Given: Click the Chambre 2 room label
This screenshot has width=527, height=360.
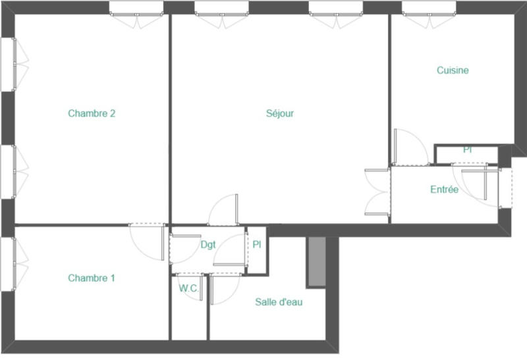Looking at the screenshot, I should pyautogui.click(x=92, y=113).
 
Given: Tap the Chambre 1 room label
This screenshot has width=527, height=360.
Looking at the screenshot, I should pyautogui.click(x=92, y=278).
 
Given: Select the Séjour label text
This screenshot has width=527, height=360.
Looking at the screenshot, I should pyautogui.click(x=280, y=113).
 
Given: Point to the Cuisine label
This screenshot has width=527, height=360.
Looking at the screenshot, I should pyautogui.click(x=453, y=70).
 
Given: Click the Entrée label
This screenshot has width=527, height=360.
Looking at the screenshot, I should pyautogui.click(x=444, y=190).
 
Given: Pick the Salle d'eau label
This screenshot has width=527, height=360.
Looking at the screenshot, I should pyautogui.click(x=279, y=302).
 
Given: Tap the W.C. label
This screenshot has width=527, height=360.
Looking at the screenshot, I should pyautogui.click(x=189, y=288).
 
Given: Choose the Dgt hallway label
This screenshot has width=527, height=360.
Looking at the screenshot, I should pyautogui.click(x=208, y=245).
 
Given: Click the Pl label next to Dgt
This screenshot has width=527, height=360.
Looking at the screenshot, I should pyautogui.click(x=257, y=244).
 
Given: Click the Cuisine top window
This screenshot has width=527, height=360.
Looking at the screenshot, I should pyautogui.click(x=430, y=8).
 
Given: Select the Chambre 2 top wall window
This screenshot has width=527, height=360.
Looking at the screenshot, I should pyautogui.click(x=136, y=8).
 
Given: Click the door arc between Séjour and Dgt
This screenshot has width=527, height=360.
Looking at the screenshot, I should pyautogui.click(x=223, y=209).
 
